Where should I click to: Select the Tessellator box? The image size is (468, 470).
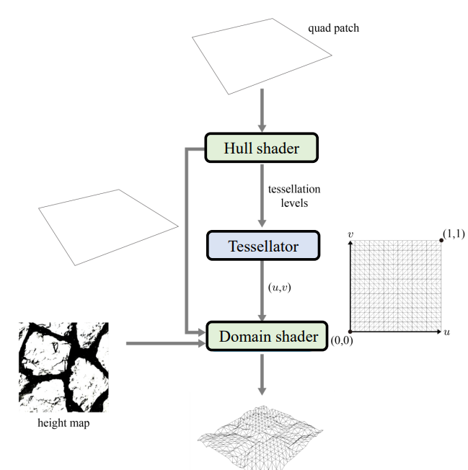pyautogui.click(x=262, y=246)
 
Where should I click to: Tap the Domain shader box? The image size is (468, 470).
pyautogui.click(x=262, y=336)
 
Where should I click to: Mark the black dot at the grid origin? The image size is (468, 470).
pyautogui.click(x=350, y=332)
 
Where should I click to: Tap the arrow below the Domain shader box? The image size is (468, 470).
pyautogui.click(x=262, y=375)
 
